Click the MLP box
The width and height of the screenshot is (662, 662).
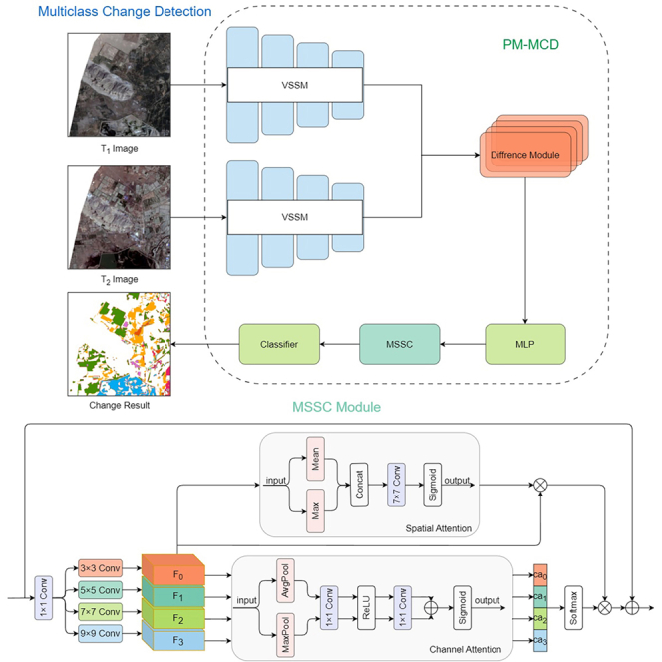(x=525, y=344)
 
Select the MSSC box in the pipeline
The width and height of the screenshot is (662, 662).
(x=400, y=344)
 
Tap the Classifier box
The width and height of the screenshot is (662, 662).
(x=279, y=344)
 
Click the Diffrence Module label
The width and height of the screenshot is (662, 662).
(x=524, y=155)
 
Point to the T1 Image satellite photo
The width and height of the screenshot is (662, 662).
(x=119, y=85)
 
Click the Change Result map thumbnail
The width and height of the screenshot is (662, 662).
(x=119, y=344)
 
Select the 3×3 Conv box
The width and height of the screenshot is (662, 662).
(x=100, y=568)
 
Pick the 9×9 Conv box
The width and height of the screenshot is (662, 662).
(x=100, y=633)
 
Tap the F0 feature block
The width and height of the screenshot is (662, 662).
(x=173, y=571)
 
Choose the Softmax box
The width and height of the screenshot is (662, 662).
(x=573, y=608)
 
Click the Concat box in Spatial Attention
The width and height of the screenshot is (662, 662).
(x=359, y=485)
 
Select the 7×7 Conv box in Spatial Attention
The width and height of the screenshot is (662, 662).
(x=396, y=485)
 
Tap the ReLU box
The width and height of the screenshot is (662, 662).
(x=366, y=608)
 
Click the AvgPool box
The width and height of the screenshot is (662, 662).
(x=285, y=581)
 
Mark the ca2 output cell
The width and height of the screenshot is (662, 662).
(x=540, y=618)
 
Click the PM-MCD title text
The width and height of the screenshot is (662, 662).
(x=530, y=44)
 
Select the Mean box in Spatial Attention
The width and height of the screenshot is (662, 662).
(x=315, y=459)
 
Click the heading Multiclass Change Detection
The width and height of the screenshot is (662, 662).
(x=125, y=11)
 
